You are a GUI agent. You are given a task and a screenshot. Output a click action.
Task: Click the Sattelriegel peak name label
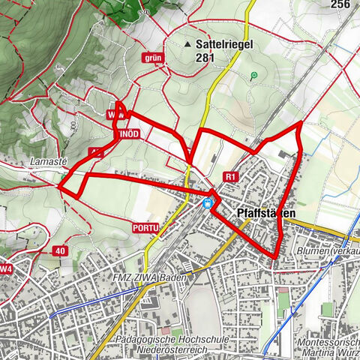point(225,44)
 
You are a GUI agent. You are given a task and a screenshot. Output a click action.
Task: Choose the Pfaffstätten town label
point(266,214)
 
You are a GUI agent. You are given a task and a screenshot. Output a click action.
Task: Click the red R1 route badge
point(230,177)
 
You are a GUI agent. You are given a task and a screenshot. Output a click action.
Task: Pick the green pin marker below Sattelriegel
point(254,75)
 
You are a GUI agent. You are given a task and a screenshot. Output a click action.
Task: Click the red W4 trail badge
point(6,268)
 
